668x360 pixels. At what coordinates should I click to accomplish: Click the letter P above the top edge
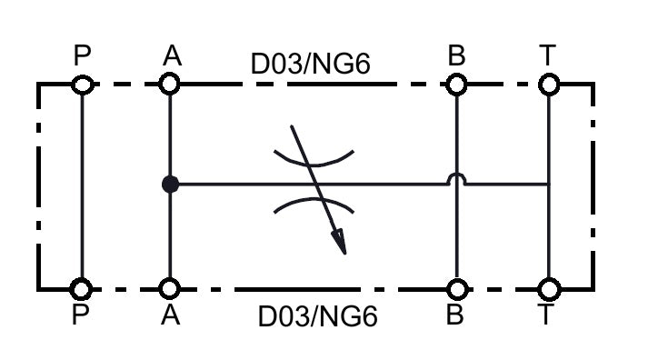coord(82,55)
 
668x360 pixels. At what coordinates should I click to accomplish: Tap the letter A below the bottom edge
coord(171,315)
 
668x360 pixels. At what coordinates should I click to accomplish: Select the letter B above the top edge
coord(456,55)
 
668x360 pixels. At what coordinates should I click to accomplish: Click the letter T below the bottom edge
coord(545,315)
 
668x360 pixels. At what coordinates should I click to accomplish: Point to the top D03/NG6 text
coord(311,64)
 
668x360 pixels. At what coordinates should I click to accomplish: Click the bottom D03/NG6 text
coord(318,316)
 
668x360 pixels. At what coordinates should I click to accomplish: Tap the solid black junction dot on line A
coord(171,185)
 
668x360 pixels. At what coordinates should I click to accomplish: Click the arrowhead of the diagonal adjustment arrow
coord(340,242)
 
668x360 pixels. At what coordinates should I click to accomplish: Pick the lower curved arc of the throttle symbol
coord(314,199)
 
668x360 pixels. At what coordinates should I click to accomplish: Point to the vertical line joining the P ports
coord(82,186)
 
